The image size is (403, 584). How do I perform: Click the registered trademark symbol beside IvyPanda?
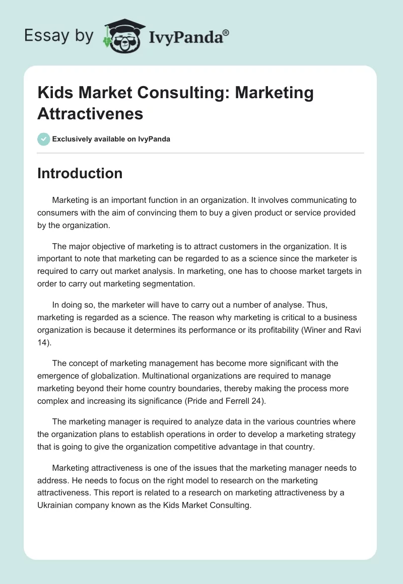tap(226, 33)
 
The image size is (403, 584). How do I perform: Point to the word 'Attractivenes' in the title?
tap(90, 113)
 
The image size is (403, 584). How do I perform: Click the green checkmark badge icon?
tap(44, 139)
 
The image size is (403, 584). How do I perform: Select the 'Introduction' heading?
tap(80, 173)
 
